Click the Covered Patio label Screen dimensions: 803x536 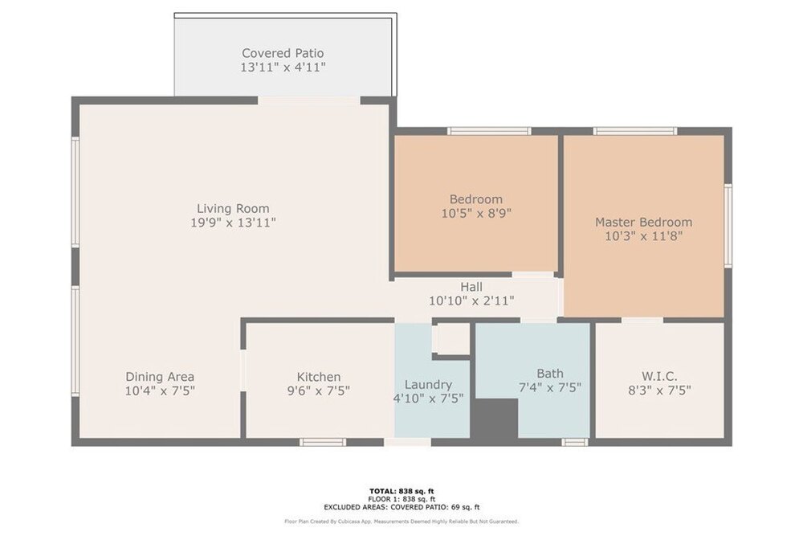[x=283, y=53]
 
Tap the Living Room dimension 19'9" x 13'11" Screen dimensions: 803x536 [x=233, y=223]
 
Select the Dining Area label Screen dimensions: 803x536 [x=160, y=377]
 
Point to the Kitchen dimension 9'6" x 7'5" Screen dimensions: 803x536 [x=319, y=391]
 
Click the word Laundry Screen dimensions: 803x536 [x=428, y=385]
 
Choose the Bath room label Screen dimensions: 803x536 [x=550, y=374]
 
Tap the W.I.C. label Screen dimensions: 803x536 [x=659, y=377]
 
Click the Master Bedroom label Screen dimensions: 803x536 [x=644, y=223]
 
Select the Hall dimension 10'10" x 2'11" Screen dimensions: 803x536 [x=471, y=301]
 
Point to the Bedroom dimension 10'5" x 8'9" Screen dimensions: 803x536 [x=476, y=213]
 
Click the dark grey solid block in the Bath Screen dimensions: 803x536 [x=495, y=418]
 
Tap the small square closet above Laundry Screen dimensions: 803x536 [x=451, y=338]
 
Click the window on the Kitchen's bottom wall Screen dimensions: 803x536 [x=323, y=442]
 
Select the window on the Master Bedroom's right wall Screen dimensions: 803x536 [x=728, y=226]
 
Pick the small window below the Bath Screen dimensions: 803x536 [x=575, y=442]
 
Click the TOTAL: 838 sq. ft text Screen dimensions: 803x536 [x=401, y=492]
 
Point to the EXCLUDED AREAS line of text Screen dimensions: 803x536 [x=401, y=507]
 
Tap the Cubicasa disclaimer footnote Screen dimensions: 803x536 [x=401, y=522]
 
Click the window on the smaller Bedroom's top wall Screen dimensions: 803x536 [x=489, y=131]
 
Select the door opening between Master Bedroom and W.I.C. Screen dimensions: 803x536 [x=642, y=321]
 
